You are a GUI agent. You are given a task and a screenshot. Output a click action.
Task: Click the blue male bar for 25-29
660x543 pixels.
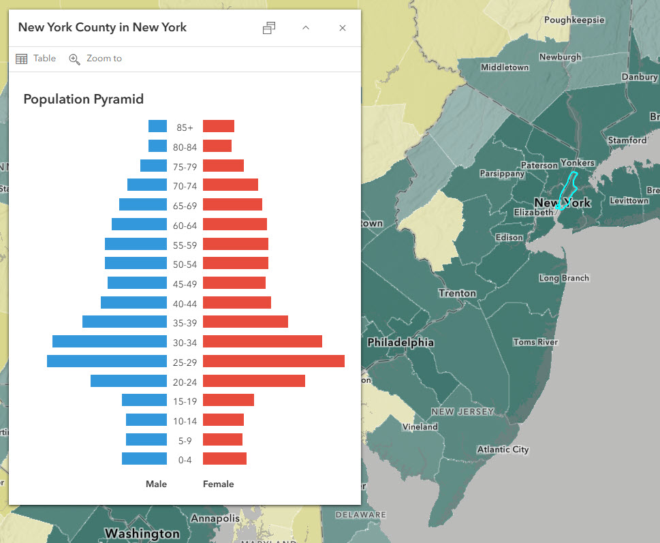[x=107, y=361]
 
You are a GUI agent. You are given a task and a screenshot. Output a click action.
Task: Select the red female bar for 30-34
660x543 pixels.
[x=262, y=341]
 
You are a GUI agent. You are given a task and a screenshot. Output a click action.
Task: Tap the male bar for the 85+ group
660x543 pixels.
[x=157, y=126]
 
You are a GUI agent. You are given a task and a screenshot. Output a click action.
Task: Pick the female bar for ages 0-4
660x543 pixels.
[x=225, y=459]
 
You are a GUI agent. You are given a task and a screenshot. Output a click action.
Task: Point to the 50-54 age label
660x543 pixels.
[x=185, y=264]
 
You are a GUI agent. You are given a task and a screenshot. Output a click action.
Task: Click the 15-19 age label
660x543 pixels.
[x=185, y=401]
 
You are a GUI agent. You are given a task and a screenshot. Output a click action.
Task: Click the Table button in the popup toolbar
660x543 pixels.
[x=35, y=59]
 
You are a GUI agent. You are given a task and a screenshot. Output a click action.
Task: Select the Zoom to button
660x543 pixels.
[x=95, y=59]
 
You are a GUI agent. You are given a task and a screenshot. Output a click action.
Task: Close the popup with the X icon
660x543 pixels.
[x=343, y=28]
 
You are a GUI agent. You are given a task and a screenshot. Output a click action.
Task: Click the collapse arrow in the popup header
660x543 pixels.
[x=306, y=28]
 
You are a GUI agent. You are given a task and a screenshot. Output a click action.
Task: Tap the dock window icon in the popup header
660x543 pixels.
[x=269, y=28]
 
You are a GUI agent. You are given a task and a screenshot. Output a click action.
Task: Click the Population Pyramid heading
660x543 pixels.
[x=83, y=99]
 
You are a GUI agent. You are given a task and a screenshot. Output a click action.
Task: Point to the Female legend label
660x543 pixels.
[x=218, y=484]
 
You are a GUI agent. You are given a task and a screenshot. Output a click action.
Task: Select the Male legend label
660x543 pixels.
[x=156, y=484]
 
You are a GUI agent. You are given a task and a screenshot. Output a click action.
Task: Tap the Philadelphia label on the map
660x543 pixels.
[x=400, y=343]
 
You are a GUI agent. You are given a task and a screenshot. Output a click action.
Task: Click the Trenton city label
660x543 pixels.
[x=457, y=293]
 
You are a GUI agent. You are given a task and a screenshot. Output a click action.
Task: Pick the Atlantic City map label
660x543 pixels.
[x=503, y=450]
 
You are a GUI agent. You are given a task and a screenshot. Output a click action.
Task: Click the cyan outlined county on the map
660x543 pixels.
[x=567, y=191]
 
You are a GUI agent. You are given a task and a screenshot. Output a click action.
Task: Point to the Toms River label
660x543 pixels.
[x=535, y=342]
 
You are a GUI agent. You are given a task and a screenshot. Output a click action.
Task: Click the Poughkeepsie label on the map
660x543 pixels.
[x=574, y=20]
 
